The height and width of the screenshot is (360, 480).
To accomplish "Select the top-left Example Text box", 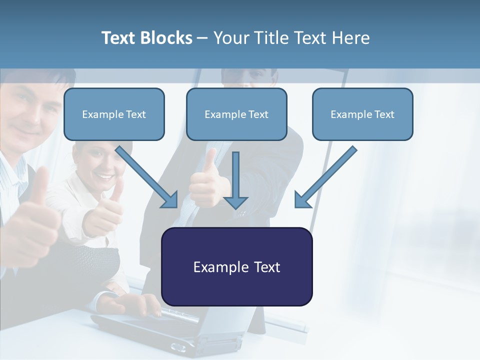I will [x=114, y=114].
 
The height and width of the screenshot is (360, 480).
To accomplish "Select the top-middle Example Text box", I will [x=236, y=114].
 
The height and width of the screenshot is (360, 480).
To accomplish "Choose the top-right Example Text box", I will [x=362, y=114].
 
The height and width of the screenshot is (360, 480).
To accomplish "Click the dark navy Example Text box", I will [x=236, y=266].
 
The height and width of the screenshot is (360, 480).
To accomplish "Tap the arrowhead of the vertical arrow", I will [x=235, y=202].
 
